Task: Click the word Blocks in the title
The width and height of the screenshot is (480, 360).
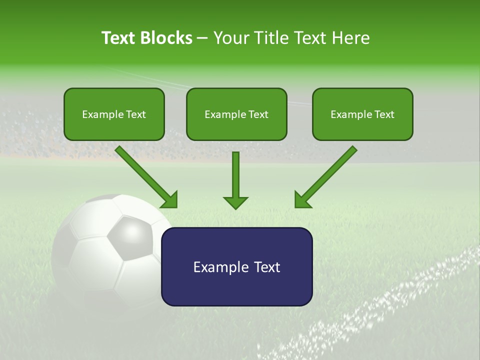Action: pyautogui.click(x=167, y=38)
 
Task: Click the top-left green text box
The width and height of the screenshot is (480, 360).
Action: pyautogui.click(x=114, y=114)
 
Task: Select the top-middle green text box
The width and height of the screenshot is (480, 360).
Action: pyautogui.click(x=236, y=114)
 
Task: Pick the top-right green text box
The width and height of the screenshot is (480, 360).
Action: pyautogui.click(x=362, y=114)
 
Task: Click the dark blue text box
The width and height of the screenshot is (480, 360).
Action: pyautogui.click(x=236, y=266)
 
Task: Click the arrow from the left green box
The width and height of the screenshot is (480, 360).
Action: pyautogui.click(x=145, y=175)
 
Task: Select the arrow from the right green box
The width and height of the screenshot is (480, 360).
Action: pyautogui.click(x=327, y=175)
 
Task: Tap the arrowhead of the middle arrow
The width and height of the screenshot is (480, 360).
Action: pyautogui.click(x=235, y=202)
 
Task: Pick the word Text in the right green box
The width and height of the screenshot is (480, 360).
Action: pyautogui.click(x=384, y=114)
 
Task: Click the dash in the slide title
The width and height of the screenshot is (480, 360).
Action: pyautogui.click(x=202, y=38)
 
